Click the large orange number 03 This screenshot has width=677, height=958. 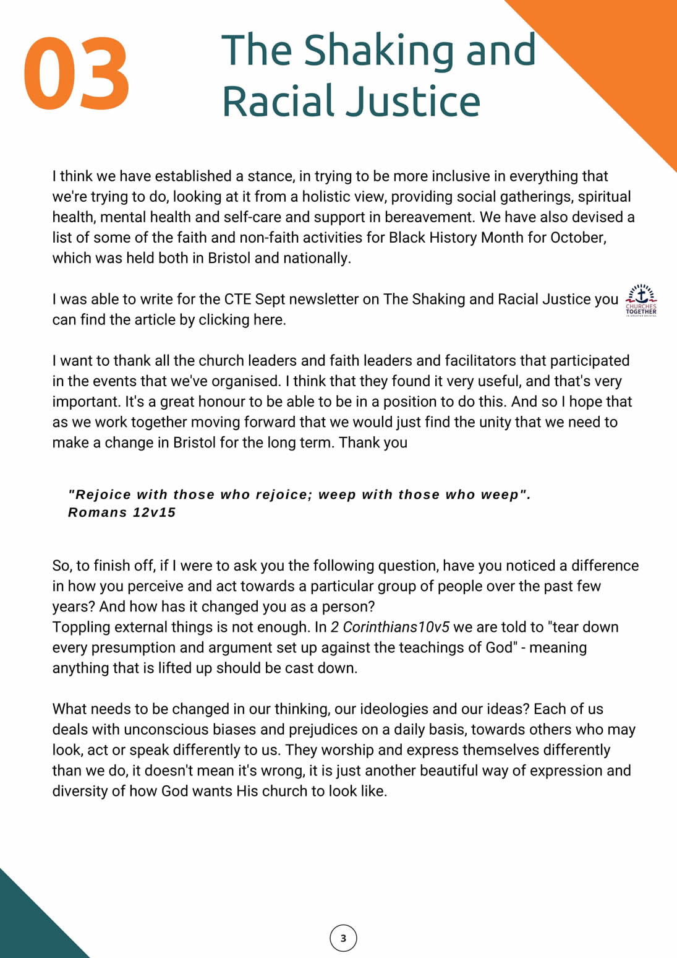[77, 74]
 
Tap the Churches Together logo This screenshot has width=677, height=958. [641, 300]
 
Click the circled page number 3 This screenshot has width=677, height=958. [343, 938]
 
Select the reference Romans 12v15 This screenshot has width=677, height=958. [122, 512]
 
